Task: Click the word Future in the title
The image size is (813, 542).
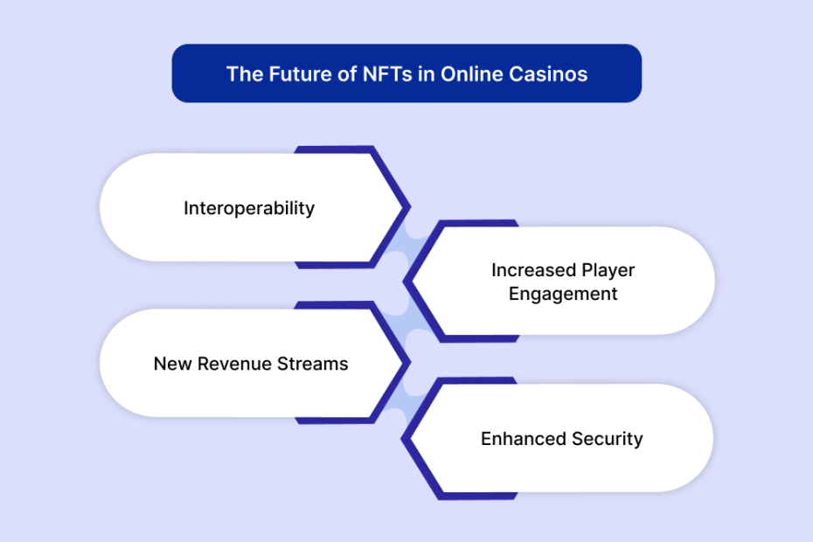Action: pos(300,74)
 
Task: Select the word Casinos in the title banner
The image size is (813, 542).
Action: pos(548,74)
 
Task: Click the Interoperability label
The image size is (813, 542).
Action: pos(249,208)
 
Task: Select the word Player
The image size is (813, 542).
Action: pos(608,270)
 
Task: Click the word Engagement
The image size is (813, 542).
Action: pos(563,294)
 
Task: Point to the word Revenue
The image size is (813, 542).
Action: pos(234,364)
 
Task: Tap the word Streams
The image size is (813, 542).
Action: pos(313,364)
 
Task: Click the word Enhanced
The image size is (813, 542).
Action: pos(523,439)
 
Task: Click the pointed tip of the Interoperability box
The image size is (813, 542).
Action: pos(410,207)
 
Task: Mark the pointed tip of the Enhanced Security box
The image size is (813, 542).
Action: pos(402,439)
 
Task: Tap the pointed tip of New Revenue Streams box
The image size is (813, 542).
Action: pos(410,363)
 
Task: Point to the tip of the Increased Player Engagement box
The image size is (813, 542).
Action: pos(404,281)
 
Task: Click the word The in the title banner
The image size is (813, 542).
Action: pos(245,74)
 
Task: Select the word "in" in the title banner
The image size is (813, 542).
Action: pos(427,74)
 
